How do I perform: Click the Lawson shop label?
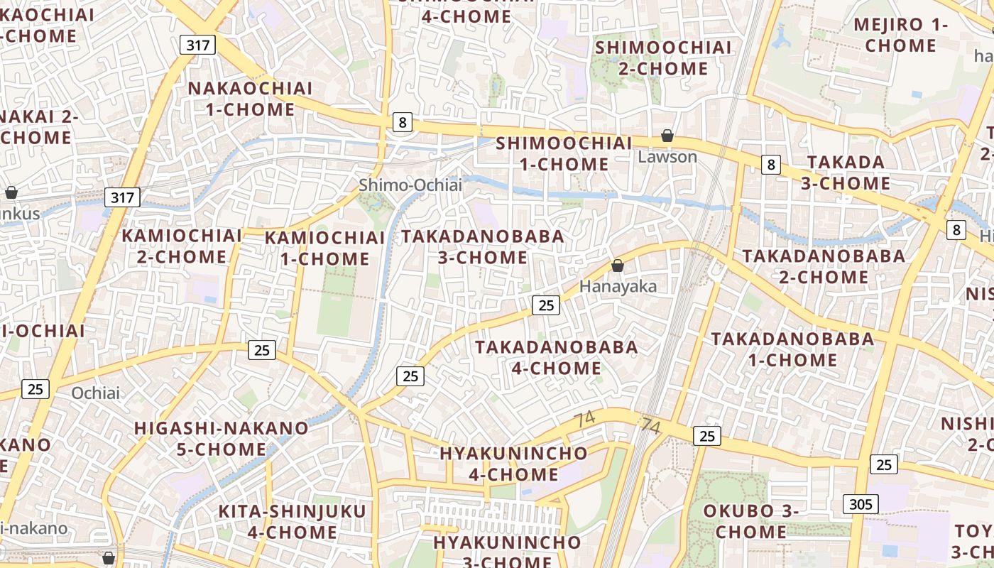click(667, 157)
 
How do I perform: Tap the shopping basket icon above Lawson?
click(667, 135)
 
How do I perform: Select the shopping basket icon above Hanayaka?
click(618, 266)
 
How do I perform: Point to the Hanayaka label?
click(618, 286)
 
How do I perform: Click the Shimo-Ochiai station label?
click(410, 185)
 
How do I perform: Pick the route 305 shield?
click(861, 504)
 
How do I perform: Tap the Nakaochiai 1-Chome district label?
click(250, 99)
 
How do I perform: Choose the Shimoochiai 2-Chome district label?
click(663, 58)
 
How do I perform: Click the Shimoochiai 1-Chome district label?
click(564, 153)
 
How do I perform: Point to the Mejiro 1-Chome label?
click(900, 35)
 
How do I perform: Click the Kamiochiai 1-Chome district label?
click(324, 248)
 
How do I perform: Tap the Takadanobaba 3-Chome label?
click(483, 246)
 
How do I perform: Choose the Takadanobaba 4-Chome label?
click(557, 357)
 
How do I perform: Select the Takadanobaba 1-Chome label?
click(792, 349)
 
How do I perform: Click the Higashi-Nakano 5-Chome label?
click(221, 439)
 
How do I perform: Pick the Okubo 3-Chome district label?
click(750, 521)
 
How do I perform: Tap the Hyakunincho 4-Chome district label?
click(513, 464)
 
